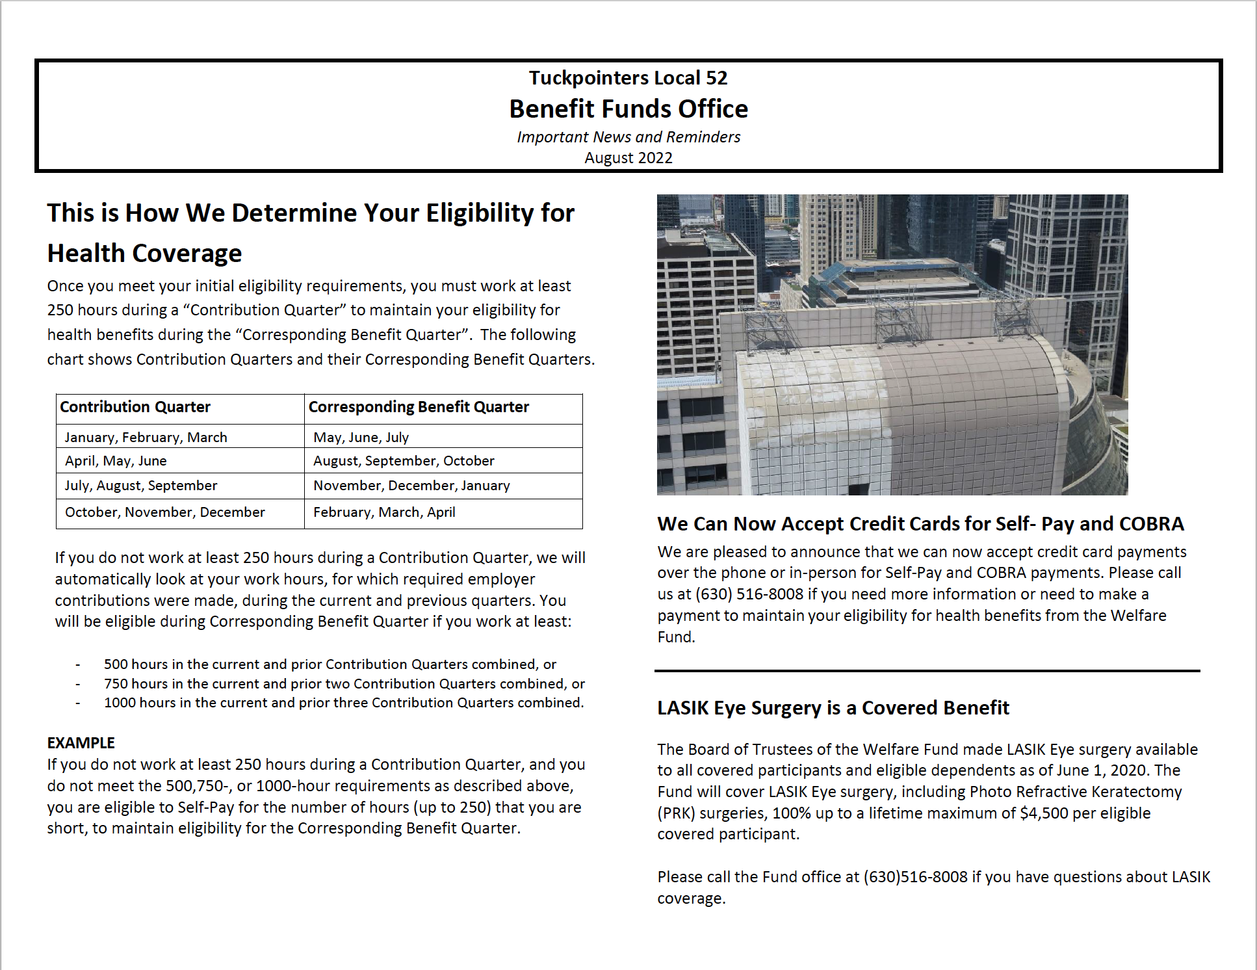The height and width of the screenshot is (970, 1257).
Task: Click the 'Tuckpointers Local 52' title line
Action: pyautogui.click(x=628, y=78)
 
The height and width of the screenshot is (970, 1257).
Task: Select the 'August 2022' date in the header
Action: pyautogui.click(x=628, y=158)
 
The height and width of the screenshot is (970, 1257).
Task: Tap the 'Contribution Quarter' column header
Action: pyautogui.click(x=135, y=407)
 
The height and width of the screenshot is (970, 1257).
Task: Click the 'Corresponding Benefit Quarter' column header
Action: pyautogui.click(x=419, y=407)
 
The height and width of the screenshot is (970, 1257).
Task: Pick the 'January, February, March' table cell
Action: pyautogui.click(x=146, y=438)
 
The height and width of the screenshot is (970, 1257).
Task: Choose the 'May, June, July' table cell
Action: pyautogui.click(x=361, y=438)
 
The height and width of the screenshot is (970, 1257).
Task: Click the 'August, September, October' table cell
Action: pyautogui.click(x=404, y=461)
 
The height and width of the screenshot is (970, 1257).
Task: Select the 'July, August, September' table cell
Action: pyautogui.click(x=141, y=486)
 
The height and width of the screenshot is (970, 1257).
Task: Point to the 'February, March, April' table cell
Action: pyautogui.click(x=384, y=512)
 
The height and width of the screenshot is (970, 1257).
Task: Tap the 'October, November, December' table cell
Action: pyautogui.click(x=165, y=512)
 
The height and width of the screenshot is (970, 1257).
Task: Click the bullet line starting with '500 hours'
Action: pyautogui.click(x=330, y=664)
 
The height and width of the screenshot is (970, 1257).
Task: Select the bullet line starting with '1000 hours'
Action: pyautogui.click(x=344, y=703)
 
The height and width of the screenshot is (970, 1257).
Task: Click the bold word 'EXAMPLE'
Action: pyautogui.click(x=81, y=743)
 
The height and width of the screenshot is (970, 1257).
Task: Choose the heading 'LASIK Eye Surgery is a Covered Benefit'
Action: pyautogui.click(x=833, y=708)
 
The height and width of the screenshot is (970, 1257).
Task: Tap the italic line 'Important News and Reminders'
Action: pyautogui.click(x=628, y=137)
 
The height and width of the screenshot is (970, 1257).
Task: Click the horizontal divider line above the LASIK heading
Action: pyautogui.click(x=927, y=670)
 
